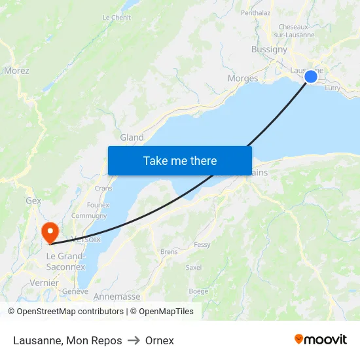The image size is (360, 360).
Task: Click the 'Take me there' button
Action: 180,160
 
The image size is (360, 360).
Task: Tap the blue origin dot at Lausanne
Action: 311,77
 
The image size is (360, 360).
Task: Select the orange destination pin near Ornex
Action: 50,232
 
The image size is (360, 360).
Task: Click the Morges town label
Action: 242,79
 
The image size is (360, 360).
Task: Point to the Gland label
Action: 132,137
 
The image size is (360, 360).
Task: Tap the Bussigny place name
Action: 269,49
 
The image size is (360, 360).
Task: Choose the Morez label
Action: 16,71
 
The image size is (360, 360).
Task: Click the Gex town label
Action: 33,200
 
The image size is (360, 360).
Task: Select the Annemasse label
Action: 117,297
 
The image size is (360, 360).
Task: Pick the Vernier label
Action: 44,282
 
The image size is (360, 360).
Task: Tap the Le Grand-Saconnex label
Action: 65,262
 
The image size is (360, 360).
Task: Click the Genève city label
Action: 75,291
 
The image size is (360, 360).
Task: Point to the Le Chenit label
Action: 117,18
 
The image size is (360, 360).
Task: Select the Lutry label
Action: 332,87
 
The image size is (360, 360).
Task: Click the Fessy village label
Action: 202,245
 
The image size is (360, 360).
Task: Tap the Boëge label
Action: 198,291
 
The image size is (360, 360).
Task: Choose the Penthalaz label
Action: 255,12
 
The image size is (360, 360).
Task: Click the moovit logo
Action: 320,340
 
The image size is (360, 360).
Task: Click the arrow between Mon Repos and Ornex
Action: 134,340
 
